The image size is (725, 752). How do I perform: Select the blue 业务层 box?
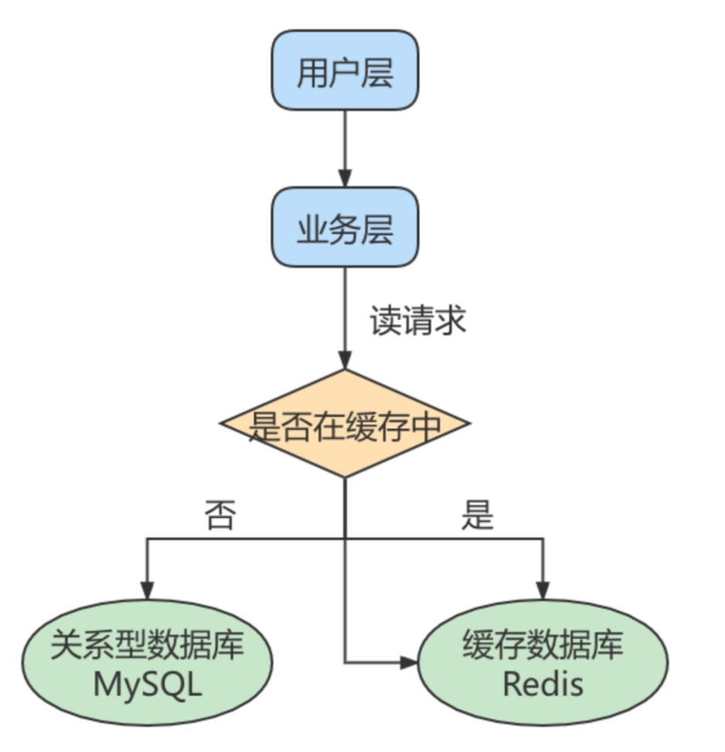tap(345, 229)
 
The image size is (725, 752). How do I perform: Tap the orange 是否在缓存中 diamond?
tap(345, 424)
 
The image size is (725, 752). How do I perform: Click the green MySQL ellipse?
tap(147, 662)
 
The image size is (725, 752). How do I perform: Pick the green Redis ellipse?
tap(543, 662)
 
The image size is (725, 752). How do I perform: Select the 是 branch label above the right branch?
tap(477, 516)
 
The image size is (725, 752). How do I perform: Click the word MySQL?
tap(147, 685)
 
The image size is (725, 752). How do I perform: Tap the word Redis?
tap(543, 685)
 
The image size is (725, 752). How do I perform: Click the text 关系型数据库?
tap(147, 644)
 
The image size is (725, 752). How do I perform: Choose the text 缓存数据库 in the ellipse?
tap(543, 644)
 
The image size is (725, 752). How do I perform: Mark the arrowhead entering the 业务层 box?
tap(345, 179)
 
